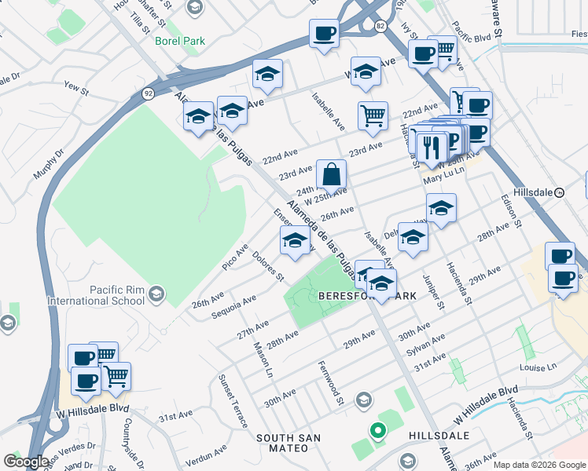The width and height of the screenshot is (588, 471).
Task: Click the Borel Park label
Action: (x=179, y=40)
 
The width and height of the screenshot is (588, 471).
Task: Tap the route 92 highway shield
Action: (x=148, y=93)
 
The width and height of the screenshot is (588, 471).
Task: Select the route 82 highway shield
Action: (x=380, y=26)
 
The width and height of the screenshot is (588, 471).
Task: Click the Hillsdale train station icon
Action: (x=560, y=192)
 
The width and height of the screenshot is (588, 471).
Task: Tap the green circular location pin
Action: (x=378, y=431)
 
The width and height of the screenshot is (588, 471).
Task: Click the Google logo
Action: (x=26, y=462)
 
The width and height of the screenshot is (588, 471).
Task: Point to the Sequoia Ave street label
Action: (x=234, y=307)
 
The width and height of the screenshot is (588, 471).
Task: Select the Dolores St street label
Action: (x=268, y=265)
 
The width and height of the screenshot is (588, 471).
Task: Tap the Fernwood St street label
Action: (x=331, y=383)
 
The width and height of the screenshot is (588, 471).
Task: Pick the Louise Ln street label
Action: (x=538, y=367)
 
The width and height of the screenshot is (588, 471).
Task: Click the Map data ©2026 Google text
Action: (x=539, y=465)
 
